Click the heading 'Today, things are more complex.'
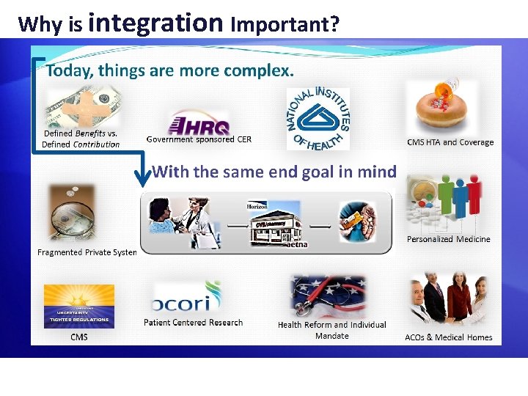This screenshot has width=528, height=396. [x=169, y=71]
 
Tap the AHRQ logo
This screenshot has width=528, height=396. [x=199, y=122]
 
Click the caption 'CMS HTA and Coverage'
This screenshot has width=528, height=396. [x=450, y=142]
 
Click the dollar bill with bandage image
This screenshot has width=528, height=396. [x=83, y=109]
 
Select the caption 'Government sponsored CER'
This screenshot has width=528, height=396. [x=199, y=139]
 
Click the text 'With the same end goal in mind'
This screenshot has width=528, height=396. [x=274, y=172]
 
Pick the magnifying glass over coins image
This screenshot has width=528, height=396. [x=72, y=213]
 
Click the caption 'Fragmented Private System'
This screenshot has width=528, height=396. [x=87, y=252]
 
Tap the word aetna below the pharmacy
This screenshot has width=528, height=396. [x=296, y=244]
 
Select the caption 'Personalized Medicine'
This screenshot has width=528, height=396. [x=448, y=239]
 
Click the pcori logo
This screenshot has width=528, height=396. [x=186, y=298]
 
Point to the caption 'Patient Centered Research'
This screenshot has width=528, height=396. [x=193, y=322]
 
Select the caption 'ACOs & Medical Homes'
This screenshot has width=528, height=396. [x=448, y=337]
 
